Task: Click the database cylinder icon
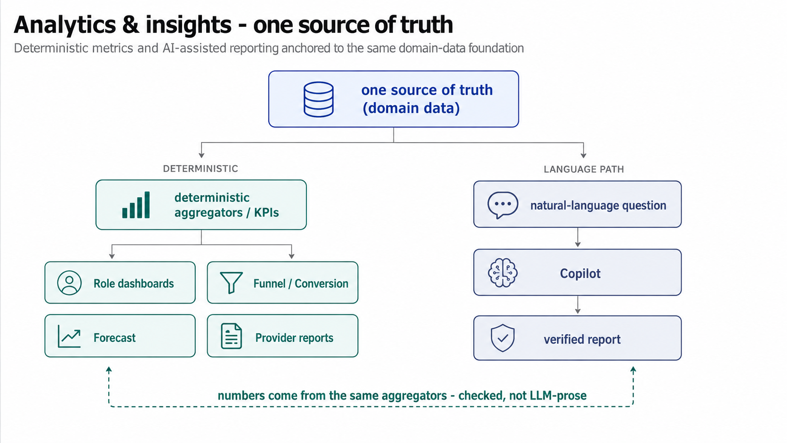pyautogui.click(x=318, y=99)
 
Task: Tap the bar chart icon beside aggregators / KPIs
pyautogui.click(x=136, y=205)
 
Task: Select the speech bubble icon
pyautogui.click(x=502, y=205)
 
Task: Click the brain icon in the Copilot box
pyautogui.click(x=502, y=273)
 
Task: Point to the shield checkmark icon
pyautogui.click(x=502, y=338)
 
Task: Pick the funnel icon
pyautogui.click(x=231, y=282)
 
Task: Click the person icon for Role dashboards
pyautogui.click(x=69, y=282)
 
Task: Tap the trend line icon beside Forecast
pyautogui.click(x=69, y=337)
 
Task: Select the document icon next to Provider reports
pyautogui.click(x=231, y=336)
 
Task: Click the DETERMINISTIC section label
pyautogui.click(x=200, y=169)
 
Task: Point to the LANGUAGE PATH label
pyautogui.click(x=584, y=169)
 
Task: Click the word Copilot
pyautogui.click(x=580, y=274)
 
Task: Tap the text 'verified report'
pyautogui.click(x=582, y=339)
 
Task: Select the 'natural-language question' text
pyautogui.click(x=598, y=205)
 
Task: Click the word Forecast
pyautogui.click(x=114, y=338)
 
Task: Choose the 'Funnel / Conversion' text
pyautogui.click(x=301, y=283)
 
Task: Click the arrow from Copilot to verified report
pyautogui.click(x=578, y=305)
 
